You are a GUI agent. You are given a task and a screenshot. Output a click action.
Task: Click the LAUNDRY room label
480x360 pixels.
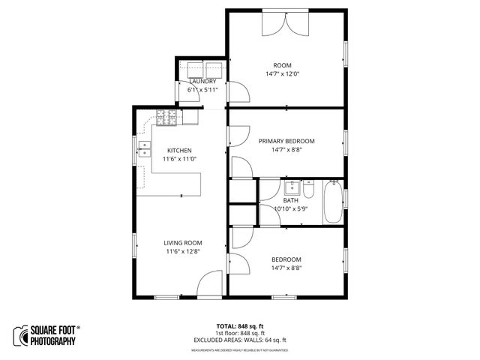[202, 81]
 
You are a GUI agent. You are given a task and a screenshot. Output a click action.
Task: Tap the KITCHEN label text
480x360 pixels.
[180, 150]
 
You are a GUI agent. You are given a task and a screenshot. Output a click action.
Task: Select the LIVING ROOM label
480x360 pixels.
[184, 243]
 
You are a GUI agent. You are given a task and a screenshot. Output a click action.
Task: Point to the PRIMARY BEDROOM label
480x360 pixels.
[286, 141]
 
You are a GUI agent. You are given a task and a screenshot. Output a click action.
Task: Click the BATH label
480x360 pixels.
[291, 200]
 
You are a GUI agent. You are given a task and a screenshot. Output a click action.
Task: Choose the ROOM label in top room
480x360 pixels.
[283, 65]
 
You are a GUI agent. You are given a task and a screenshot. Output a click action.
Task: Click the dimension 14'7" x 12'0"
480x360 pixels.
[283, 74]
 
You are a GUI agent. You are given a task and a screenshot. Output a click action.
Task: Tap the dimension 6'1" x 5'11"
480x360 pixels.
[202, 90]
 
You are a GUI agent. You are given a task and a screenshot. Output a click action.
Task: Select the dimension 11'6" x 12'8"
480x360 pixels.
[184, 252]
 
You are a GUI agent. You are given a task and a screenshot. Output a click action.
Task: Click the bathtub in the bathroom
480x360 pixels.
[332, 202]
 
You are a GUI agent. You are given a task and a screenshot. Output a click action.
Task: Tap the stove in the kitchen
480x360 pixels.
[167, 116]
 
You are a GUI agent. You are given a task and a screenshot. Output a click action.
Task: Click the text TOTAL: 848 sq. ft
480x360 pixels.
[239, 326]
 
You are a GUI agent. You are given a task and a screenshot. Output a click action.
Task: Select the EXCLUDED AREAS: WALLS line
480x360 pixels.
[240, 339]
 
